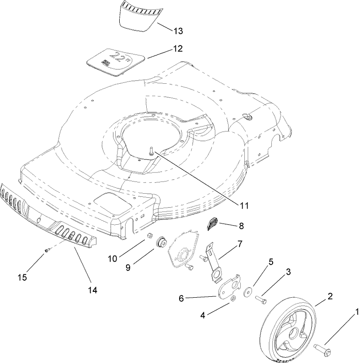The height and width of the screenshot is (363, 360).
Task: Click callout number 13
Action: (x=178, y=31)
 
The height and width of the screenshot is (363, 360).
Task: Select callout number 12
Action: (x=178, y=48)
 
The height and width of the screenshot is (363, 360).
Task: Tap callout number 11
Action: (x=243, y=206)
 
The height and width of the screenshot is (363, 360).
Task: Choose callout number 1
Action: (x=357, y=311)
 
